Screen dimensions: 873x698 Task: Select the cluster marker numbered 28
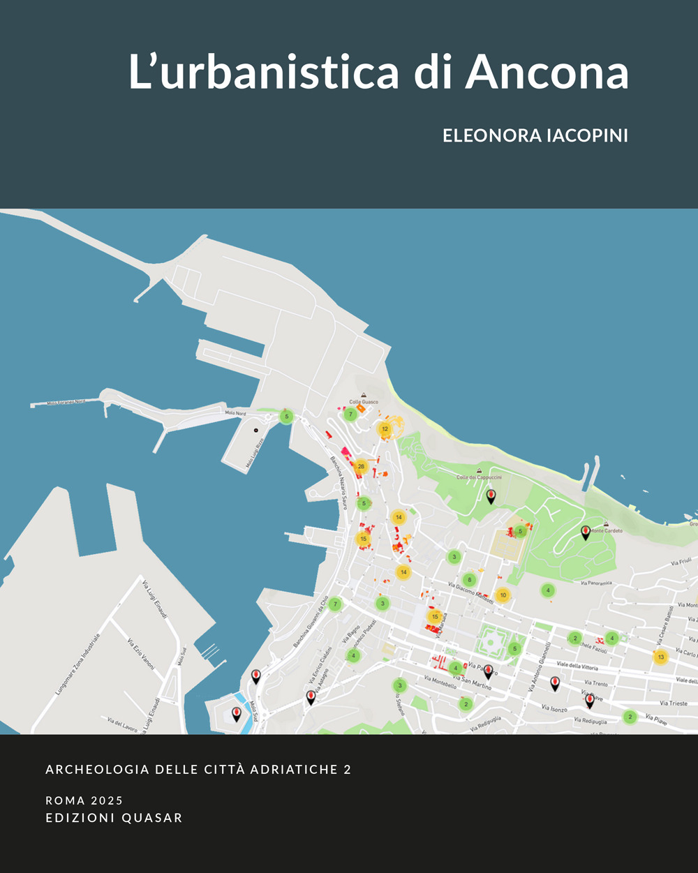click(x=361, y=466)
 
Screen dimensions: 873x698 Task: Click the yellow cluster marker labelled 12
click(x=385, y=429)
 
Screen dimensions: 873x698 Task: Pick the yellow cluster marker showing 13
click(x=660, y=657)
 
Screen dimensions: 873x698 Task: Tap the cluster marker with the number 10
click(x=503, y=595)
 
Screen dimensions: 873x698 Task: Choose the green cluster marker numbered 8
click(x=470, y=579)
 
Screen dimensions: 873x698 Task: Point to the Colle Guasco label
click(x=364, y=402)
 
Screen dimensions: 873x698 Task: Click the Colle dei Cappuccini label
click(x=479, y=477)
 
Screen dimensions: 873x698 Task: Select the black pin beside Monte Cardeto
click(x=586, y=532)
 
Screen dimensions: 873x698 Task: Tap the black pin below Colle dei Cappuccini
click(x=491, y=495)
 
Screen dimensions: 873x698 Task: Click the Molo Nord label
click(x=235, y=413)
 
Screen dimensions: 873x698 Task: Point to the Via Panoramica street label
click(x=595, y=583)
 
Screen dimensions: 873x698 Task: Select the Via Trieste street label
click(x=673, y=703)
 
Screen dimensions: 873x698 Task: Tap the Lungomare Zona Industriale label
click(x=78, y=664)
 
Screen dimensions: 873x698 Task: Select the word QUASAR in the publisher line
click(x=151, y=818)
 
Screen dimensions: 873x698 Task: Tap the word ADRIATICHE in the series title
click(x=292, y=770)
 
